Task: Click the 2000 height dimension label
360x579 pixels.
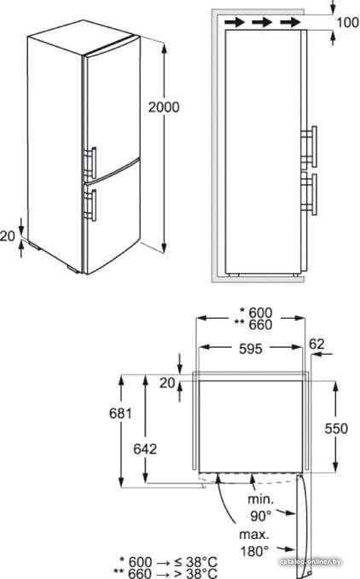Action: point(164,107)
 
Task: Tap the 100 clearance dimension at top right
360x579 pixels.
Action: point(348,23)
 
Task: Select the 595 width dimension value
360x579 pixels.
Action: point(250,349)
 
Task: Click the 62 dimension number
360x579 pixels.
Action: point(316,345)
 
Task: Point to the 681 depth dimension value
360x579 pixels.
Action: point(120,414)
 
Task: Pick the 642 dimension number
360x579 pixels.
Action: point(145,449)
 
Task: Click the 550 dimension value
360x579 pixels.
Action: point(336,428)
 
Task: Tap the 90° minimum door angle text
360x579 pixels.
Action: point(261,516)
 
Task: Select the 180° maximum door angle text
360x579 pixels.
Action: point(254,552)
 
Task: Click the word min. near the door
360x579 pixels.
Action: point(261,499)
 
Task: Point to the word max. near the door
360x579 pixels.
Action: point(254,535)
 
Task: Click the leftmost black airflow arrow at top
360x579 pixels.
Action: point(235,22)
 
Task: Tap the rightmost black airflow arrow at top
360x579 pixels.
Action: point(291,22)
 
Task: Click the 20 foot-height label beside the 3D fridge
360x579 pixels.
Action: point(8,235)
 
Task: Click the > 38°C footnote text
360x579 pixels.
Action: point(195,573)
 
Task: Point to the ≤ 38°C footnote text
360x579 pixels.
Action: point(195,562)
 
